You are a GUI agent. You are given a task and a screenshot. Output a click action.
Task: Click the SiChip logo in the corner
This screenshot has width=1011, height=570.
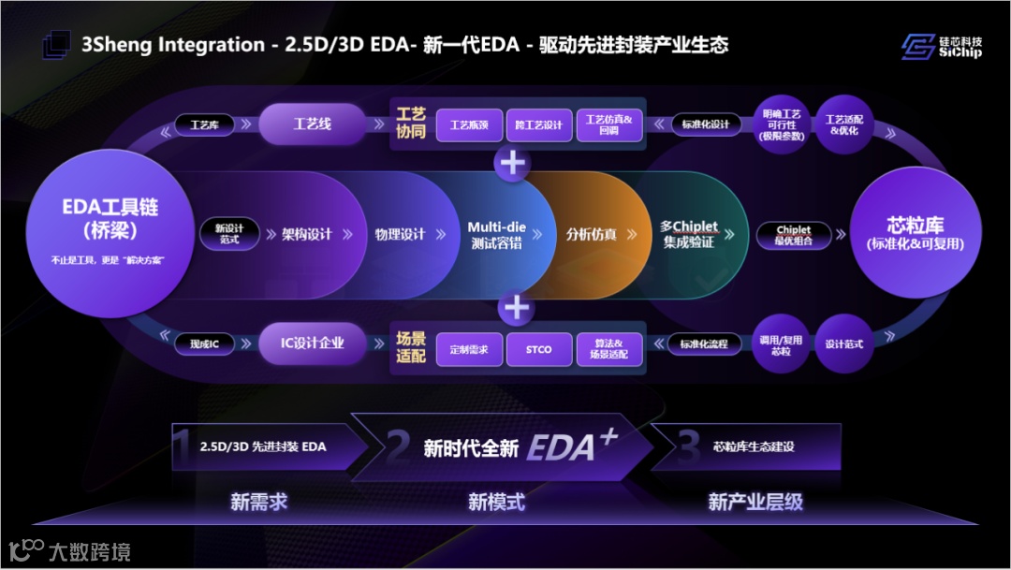942,46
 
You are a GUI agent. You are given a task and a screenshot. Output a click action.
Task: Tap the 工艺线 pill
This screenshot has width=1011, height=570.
312,124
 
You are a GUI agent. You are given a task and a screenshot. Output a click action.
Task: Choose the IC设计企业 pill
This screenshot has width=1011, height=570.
312,343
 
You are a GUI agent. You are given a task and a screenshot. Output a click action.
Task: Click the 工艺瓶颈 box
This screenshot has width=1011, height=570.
470,124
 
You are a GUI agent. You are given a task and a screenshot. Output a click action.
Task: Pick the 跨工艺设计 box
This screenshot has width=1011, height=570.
538,124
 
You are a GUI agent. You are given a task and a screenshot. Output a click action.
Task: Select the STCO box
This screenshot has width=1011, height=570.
538,349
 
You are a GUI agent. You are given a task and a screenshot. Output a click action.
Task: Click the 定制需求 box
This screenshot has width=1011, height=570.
470,349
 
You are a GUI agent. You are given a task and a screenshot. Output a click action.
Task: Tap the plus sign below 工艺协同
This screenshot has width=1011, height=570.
513,163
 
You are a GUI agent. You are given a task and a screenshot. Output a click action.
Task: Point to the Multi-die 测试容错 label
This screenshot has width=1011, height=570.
495,234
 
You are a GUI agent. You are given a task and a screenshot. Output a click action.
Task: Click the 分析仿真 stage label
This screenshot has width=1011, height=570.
591,234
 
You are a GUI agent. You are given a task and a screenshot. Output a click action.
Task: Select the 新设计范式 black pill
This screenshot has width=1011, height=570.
227,234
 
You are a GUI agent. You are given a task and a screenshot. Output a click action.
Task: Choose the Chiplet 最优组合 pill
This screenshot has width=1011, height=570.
794,234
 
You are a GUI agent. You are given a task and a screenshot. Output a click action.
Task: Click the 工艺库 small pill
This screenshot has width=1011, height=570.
205,124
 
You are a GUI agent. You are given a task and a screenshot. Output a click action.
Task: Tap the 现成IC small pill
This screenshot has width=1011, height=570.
205,344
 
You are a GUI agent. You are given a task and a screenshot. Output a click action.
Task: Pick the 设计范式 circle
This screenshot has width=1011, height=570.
843,343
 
